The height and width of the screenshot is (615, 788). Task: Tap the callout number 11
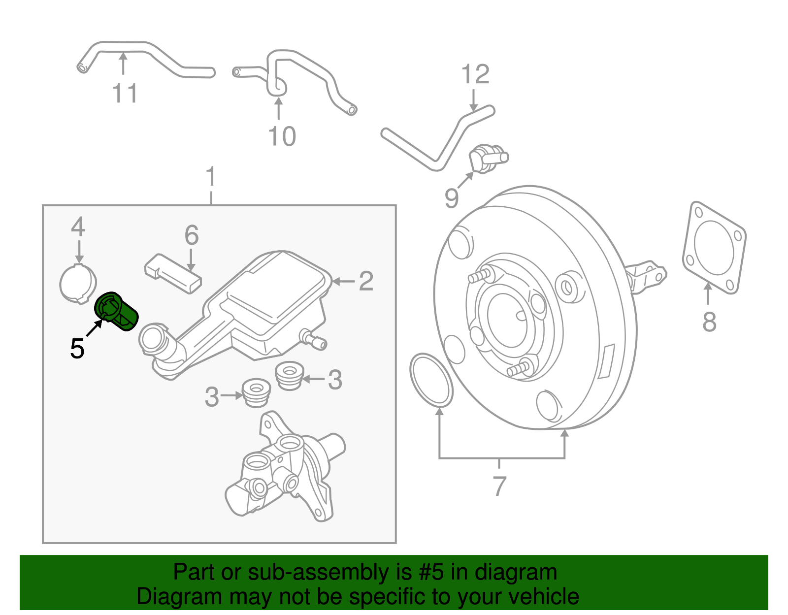124,93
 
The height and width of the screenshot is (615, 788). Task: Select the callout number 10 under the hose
282,136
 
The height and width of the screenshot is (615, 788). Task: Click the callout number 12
475,74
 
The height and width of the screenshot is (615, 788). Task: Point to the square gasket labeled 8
714,248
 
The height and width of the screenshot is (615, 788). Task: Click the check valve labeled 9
487,159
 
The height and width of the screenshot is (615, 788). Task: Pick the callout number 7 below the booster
499,486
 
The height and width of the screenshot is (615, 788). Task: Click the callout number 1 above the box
211,176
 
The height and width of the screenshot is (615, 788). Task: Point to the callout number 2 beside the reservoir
366,281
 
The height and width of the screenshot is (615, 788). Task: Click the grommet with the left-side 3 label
257,392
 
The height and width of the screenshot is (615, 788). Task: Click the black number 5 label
77,349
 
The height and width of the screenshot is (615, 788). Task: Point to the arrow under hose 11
123,64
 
